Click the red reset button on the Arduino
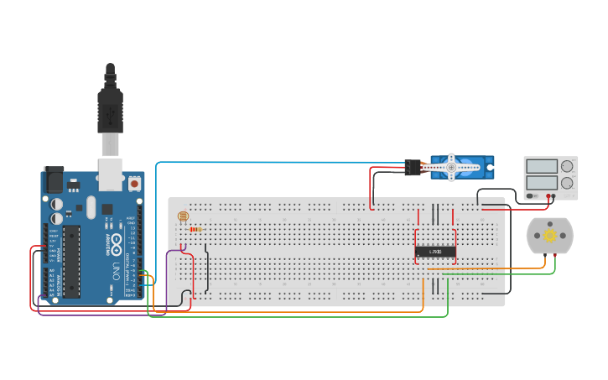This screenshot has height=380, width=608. pyautogui.click(x=134, y=182)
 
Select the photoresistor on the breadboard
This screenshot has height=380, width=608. pyautogui.click(x=184, y=217)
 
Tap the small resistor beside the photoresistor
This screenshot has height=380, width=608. pyautogui.click(x=196, y=229)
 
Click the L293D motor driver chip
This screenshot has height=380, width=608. pyautogui.click(x=435, y=252)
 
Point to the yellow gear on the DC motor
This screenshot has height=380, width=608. pyautogui.click(x=549, y=236)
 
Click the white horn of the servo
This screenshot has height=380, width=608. pyautogui.click(x=451, y=167)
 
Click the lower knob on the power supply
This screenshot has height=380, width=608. pyautogui.click(x=567, y=182)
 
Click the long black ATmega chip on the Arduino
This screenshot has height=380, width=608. pyautogui.click(x=71, y=261)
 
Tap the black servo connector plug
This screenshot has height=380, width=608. pyautogui.click(x=412, y=167)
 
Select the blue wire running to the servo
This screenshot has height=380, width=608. pyautogui.click(x=277, y=163)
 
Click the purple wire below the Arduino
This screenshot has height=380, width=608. pyautogui.click(x=101, y=315)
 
